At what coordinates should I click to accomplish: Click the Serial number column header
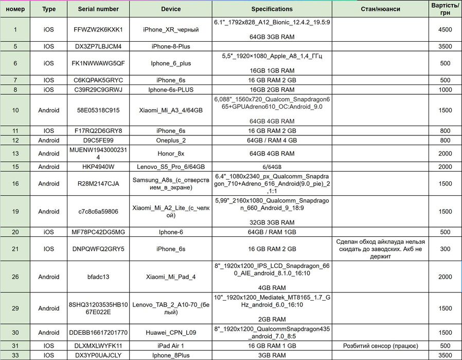[x=98, y=9]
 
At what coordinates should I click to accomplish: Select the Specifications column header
[x=272, y=9]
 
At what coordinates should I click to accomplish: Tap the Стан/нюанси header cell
[x=380, y=9]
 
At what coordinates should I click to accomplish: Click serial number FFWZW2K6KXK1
[x=98, y=30]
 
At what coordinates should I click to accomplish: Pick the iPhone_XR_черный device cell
[x=171, y=30]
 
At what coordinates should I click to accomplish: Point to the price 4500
[x=445, y=30]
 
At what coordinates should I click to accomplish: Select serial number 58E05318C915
[x=98, y=110]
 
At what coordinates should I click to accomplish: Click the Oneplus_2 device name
[x=171, y=140]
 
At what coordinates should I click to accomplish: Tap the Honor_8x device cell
[x=171, y=153]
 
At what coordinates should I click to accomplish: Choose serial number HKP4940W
[x=98, y=167]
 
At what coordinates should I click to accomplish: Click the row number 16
[x=15, y=184]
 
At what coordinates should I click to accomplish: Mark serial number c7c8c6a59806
[x=98, y=212]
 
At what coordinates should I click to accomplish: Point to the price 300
[x=445, y=249]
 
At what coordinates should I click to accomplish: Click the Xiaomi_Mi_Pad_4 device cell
[x=171, y=277]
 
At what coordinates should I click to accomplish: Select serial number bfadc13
[x=98, y=277]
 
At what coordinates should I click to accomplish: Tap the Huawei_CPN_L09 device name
[x=171, y=332]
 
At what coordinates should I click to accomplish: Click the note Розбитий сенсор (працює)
[x=380, y=346]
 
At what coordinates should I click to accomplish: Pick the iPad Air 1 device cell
[x=171, y=346]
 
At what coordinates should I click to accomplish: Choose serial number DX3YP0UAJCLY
[x=98, y=355]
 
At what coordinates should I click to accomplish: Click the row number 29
[x=15, y=308]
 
